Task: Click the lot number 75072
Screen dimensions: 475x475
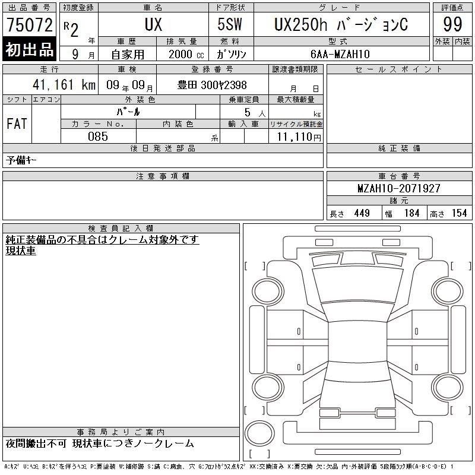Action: [30, 25]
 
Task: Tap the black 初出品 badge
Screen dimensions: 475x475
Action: [29, 49]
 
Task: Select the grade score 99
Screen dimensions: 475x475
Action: [452, 24]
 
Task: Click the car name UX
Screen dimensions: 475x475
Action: [153, 24]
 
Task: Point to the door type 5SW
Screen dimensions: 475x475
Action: [230, 24]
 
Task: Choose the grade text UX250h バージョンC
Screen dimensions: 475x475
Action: [341, 24]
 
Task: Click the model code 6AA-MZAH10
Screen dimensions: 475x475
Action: [340, 54]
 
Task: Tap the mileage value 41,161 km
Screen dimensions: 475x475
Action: [64, 84]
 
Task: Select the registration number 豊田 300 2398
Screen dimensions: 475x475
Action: [212, 85]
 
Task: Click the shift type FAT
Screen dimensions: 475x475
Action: [17, 123]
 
